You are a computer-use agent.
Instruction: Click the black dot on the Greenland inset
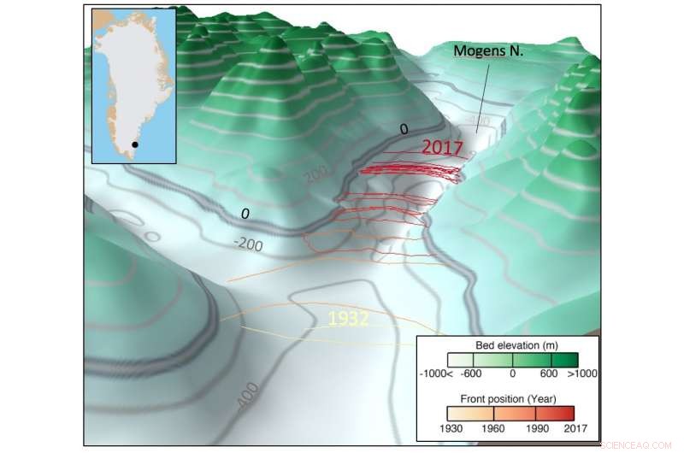134,145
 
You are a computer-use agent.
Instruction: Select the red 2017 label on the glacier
442,146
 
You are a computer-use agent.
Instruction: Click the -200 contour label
249,244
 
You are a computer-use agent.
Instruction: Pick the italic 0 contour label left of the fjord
245,212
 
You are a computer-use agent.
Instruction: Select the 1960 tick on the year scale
491,427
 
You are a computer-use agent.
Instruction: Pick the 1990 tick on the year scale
532,427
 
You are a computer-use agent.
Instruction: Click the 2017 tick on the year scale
575,427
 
